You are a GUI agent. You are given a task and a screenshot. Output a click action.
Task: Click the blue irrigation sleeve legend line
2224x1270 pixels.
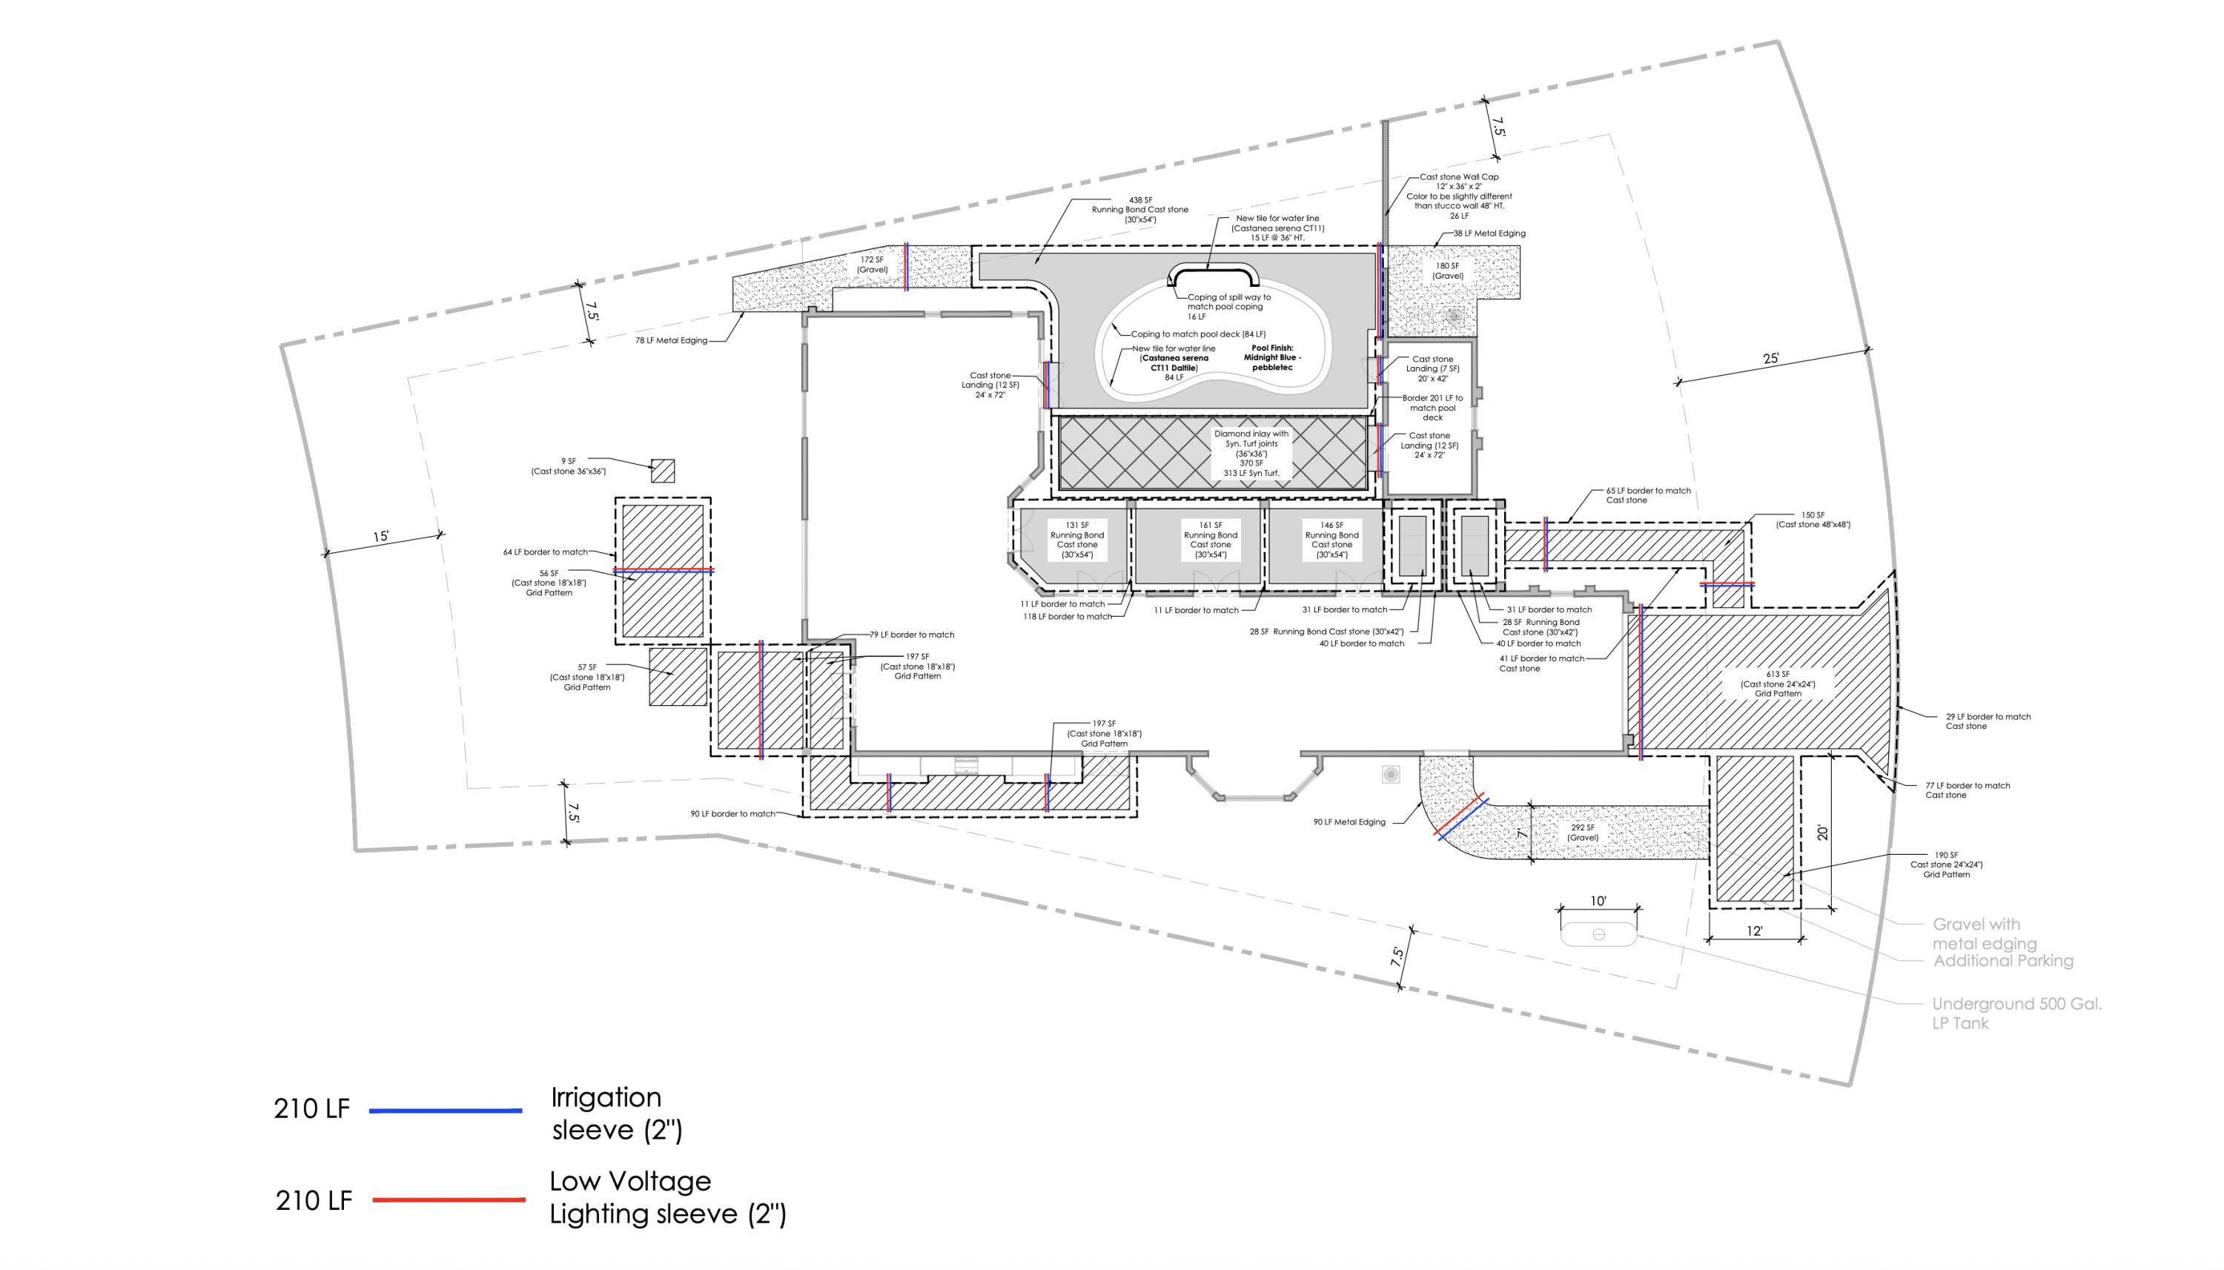click(x=446, y=1111)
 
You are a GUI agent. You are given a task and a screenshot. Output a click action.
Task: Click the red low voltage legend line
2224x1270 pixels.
click(x=449, y=1200)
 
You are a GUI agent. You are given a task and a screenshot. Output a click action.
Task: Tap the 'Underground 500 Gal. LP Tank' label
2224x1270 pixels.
click(x=2016, y=1013)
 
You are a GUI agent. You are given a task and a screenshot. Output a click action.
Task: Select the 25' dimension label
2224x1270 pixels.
click(x=1770, y=359)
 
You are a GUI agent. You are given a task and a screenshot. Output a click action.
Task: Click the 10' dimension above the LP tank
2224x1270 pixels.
click(x=1598, y=901)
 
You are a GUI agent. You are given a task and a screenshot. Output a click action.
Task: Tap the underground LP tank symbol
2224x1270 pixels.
click(x=1598, y=933)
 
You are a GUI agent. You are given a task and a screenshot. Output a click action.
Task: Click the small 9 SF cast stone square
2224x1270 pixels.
click(x=663, y=471)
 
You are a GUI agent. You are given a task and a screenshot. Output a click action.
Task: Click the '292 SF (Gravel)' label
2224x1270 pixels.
click(x=1583, y=832)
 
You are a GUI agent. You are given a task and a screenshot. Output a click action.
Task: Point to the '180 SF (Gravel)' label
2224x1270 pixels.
click(x=1448, y=271)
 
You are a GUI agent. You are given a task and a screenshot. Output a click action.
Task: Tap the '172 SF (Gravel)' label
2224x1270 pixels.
click(x=872, y=264)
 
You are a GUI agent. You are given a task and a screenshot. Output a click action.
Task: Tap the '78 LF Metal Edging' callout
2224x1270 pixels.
click(x=672, y=341)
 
